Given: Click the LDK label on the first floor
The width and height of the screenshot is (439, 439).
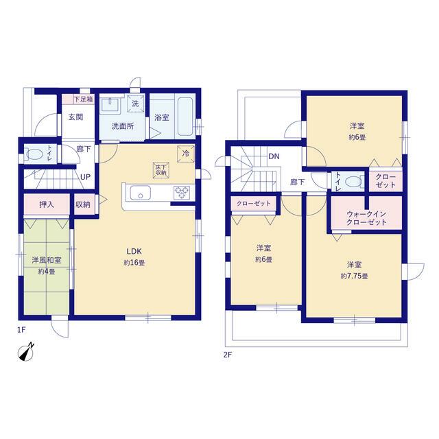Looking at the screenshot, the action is point(134,251).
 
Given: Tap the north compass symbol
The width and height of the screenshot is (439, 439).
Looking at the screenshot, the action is point(26,352).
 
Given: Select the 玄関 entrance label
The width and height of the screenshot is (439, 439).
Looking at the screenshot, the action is point(75,117).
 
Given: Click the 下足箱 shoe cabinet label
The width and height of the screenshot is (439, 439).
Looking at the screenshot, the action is point(83,99).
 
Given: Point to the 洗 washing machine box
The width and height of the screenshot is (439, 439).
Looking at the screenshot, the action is point(136,104).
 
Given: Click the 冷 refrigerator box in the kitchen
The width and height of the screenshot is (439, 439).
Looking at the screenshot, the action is point(186,154).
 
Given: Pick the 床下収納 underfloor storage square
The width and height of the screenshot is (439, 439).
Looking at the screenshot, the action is point(161,170).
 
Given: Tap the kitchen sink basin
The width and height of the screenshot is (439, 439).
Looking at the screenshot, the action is point(140,193).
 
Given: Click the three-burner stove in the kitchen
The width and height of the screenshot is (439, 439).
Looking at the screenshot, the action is point(181,193).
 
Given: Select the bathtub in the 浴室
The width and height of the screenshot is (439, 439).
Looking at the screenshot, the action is point(185,117).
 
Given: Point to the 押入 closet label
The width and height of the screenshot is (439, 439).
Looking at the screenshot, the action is point(47,204).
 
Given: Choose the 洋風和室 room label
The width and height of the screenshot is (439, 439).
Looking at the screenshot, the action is point(47,260).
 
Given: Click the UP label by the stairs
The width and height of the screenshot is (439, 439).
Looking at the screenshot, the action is point(85,177).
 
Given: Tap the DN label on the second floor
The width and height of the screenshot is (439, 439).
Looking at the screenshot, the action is point(274,156).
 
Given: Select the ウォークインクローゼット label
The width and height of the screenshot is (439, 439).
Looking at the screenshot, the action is point(366,218).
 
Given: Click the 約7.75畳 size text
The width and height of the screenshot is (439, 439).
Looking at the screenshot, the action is point(354,276).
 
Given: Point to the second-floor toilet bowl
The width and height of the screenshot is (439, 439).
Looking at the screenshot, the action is point(354,182).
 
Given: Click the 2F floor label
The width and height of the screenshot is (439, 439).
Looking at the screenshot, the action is point(228,355).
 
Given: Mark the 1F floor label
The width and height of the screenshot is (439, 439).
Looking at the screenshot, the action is point(21,330).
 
